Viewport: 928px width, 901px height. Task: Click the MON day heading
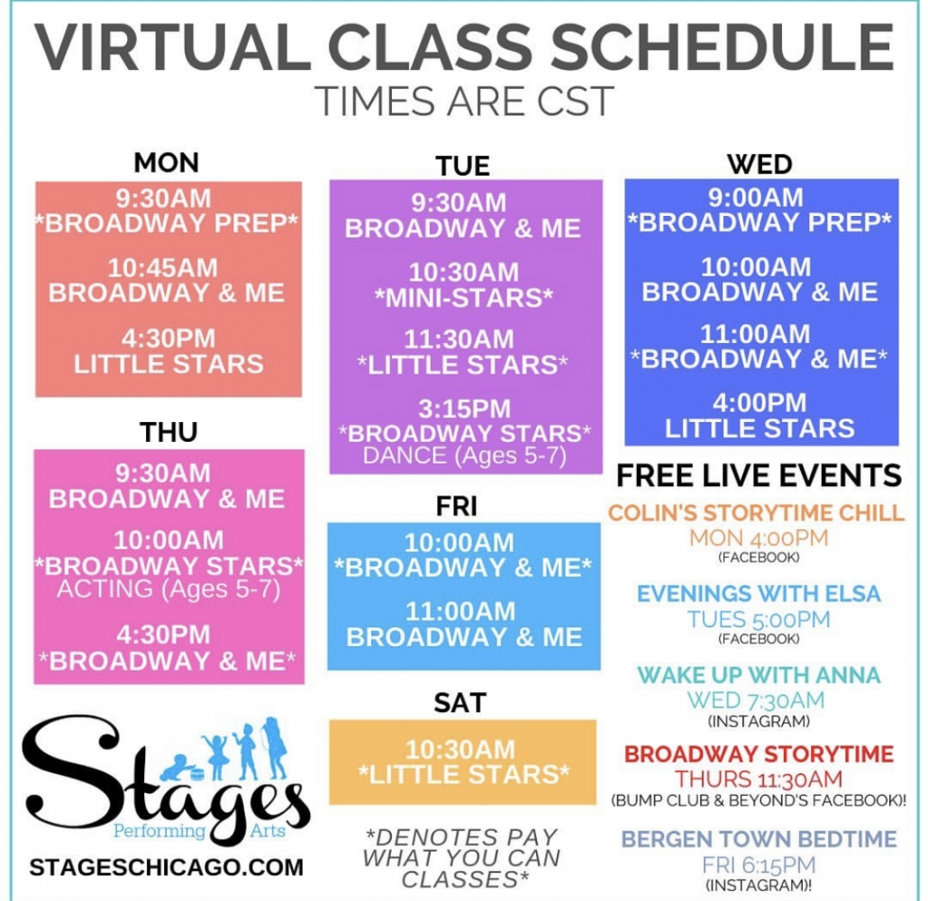pyautogui.click(x=167, y=163)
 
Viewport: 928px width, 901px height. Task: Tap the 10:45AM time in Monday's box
pyautogui.click(x=163, y=268)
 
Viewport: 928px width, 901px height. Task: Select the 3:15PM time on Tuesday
pyautogui.click(x=465, y=410)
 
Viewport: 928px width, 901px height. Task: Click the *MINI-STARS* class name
pyautogui.click(x=464, y=298)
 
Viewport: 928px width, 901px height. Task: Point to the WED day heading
pyautogui.click(x=760, y=165)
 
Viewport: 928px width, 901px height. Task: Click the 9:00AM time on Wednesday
pyautogui.click(x=756, y=197)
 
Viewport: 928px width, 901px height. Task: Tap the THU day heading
pyautogui.click(x=168, y=432)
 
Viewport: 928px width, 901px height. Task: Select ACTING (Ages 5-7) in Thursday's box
pyautogui.click(x=168, y=590)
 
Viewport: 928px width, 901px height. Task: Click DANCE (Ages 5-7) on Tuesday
pyautogui.click(x=465, y=455)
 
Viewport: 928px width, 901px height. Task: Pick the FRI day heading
pyautogui.click(x=456, y=507)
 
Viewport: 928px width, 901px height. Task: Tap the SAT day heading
pyautogui.click(x=459, y=703)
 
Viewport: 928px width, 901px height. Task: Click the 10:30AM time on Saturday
pyautogui.click(x=460, y=750)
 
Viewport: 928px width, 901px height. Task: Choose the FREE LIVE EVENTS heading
pyautogui.click(x=760, y=476)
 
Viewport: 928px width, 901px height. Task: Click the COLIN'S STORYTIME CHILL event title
pyautogui.click(x=757, y=512)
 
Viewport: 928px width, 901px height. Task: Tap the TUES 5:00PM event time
pyautogui.click(x=759, y=619)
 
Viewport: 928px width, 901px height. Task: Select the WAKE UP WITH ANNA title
pyautogui.click(x=759, y=675)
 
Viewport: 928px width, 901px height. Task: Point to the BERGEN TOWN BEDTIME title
pyautogui.click(x=759, y=839)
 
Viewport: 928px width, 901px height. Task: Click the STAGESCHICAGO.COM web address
pyautogui.click(x=167, y=868)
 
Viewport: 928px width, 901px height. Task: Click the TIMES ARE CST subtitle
pyautogui.click(x=465, y=101)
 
